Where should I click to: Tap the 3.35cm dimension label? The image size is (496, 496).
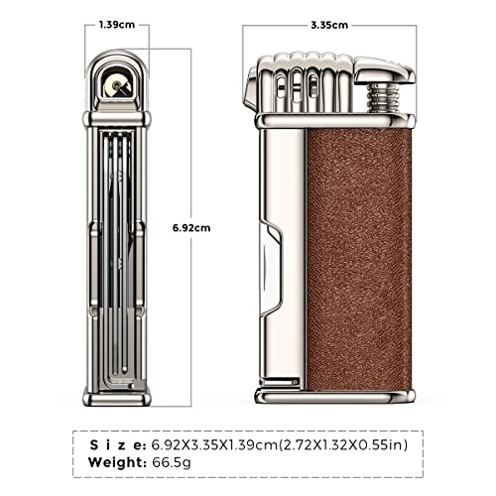pos(326,21)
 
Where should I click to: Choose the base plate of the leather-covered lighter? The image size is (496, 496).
pos(332,396)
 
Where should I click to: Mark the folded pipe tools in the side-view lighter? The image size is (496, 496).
pos(118,248)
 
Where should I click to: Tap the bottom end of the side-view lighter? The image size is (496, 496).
pos(118,397)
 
